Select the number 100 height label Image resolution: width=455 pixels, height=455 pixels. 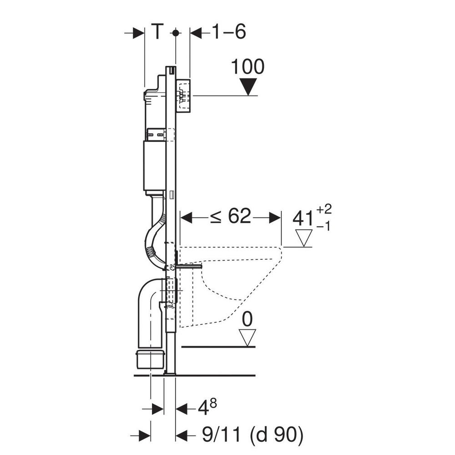(248, 67)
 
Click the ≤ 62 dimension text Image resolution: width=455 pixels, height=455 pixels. (230, 216)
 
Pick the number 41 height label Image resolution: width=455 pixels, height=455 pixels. (303, 218)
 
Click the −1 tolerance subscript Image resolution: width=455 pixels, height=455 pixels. (323, 226)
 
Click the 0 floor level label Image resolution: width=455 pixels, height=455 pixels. (247, 320)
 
